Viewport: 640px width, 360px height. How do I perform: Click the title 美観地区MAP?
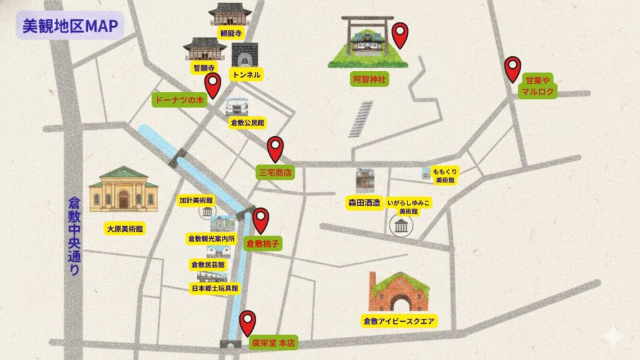coord(69,26)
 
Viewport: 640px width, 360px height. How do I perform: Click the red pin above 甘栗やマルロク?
coord(513,68)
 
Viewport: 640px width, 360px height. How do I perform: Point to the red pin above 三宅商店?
coord(275,149)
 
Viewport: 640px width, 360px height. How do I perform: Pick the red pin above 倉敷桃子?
coord(261,219)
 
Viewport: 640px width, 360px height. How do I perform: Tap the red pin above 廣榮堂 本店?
coord(248,322)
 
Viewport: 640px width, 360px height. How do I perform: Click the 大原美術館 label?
coord(124,229)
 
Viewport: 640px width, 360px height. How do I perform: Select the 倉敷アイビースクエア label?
coord(399,321)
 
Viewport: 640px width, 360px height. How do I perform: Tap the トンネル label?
coord(246,74)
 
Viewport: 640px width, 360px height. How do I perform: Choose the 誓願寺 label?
coord(204,67)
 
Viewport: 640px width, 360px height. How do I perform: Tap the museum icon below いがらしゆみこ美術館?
coord(399,226)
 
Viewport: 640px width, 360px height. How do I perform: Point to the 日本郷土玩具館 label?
coord(214,288)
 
